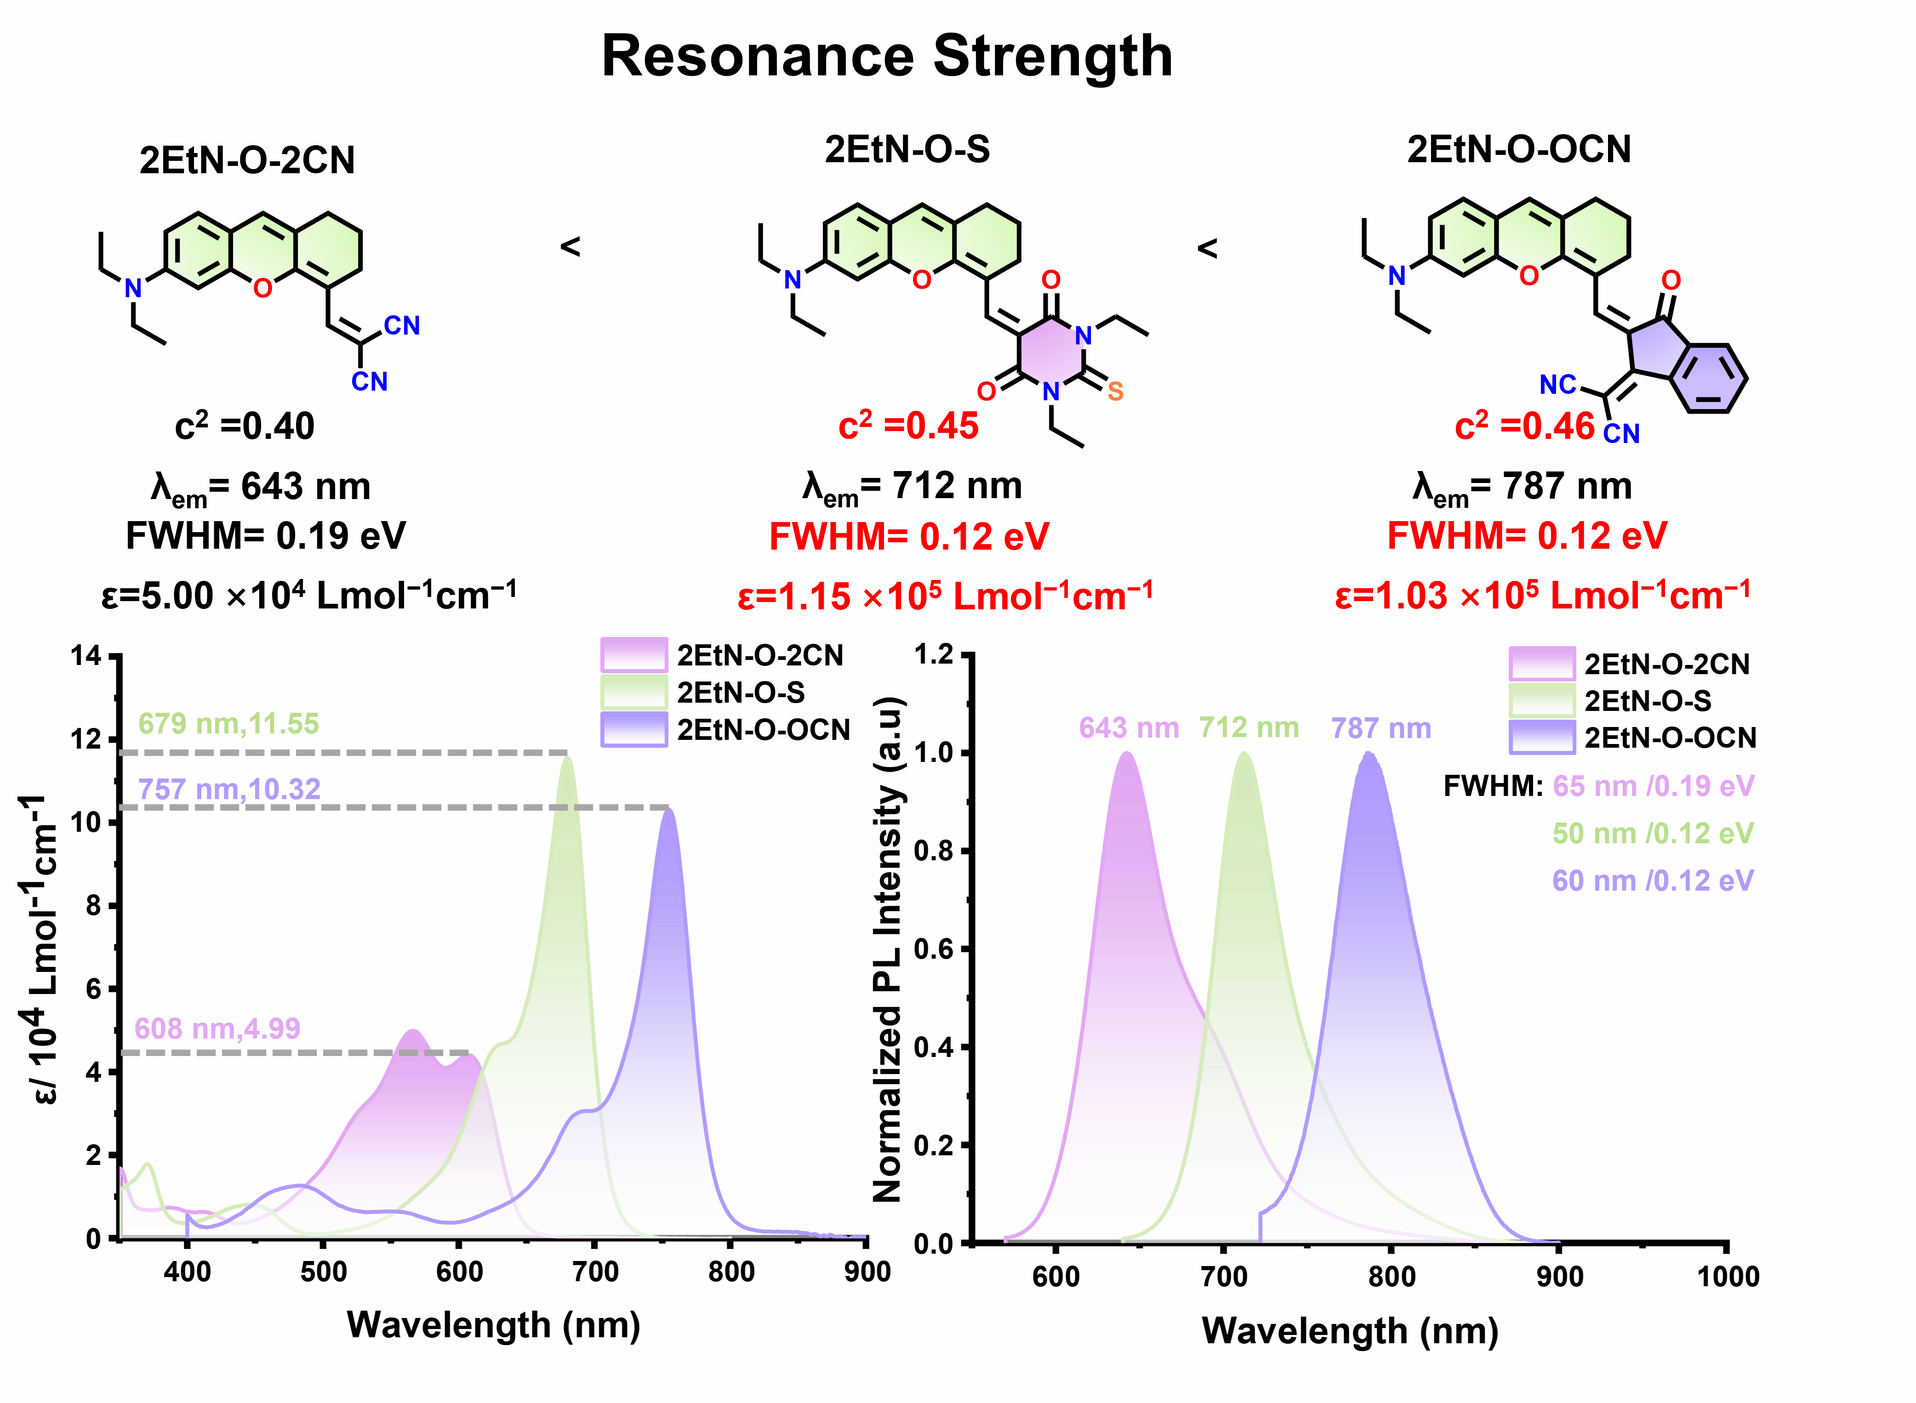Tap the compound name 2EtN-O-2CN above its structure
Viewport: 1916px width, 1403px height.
(x=247, y=159)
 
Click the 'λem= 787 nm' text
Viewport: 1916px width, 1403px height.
(x=1522, y=488)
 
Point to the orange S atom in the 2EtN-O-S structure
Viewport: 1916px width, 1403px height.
(x=1115, y=392)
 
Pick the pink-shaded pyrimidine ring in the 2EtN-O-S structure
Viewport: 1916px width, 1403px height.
(x=1051, y=354)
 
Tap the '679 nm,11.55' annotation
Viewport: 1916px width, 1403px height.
(x=228, y=724)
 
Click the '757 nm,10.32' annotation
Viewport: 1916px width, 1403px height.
(x=229, y=789)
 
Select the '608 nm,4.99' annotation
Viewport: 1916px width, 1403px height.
(x=217, y=1028)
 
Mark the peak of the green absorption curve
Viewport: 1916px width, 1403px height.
(x=567, y=757)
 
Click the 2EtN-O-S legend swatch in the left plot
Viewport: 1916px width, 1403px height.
(x=633, y=692)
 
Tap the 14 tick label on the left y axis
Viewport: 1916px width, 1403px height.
(x=86, y=656)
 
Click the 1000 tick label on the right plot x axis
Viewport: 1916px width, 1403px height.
(x=1728, y=1277)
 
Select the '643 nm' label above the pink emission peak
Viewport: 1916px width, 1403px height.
(x=1129, y=728)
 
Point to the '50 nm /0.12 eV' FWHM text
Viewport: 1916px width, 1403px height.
(x=1653, y=833)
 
